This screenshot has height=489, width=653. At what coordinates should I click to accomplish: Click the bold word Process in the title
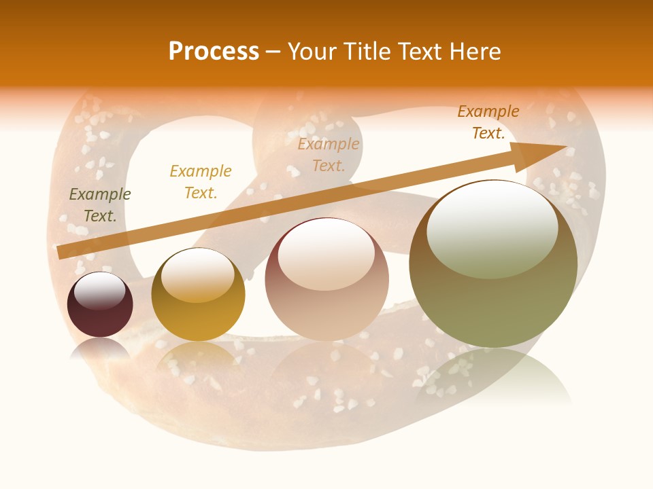point(214,52)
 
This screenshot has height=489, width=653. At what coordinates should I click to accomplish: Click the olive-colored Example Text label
point(100,204)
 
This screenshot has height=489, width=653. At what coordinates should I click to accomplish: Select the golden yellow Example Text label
point(201,181)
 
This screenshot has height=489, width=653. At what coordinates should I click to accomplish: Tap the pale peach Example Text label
point(329,154)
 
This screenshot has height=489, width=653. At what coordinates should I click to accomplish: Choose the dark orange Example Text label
point(488,122)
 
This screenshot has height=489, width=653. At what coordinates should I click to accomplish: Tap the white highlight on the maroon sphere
point(100,291)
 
